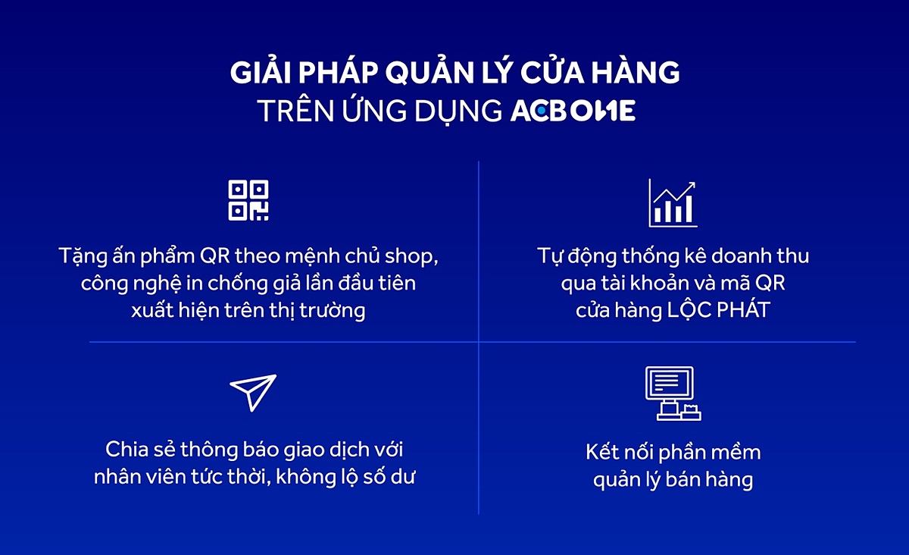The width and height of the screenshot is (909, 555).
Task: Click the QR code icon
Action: (x=248, y=200)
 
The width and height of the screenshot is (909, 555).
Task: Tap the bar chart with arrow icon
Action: (x=673, y=202)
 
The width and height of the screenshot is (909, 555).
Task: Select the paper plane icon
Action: (x=253, y=393)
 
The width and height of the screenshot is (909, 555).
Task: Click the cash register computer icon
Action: (x=673, y=394)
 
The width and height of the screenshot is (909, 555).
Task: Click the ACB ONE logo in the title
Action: (x=573, y=111)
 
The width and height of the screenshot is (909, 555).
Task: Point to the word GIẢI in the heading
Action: (x=261, y=72)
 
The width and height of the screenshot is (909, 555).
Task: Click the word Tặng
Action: (x=83, y=257)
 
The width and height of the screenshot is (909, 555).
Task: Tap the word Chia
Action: (x=127, y=450)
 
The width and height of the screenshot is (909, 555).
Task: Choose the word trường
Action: (x=333, y=311)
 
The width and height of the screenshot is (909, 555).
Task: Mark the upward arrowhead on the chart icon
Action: (x=691, y=186)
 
